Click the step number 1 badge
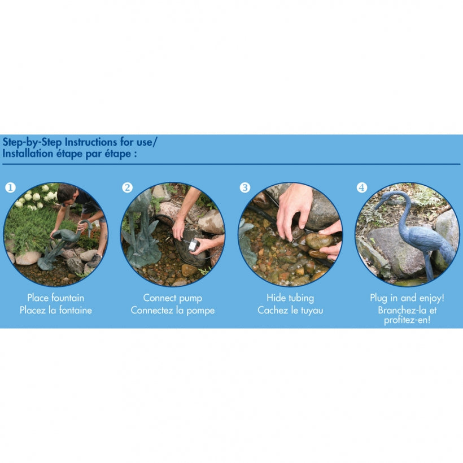[x=10, y=187]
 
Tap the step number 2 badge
[x=127, y=187]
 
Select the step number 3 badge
[x=245, y=187]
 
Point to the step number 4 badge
[x=362, y=187]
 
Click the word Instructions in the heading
[x=91, y=142]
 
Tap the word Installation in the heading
[x=28, y=154]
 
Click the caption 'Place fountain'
[x=56, y=298]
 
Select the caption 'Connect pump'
[x=173, y=298]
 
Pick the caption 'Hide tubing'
[x=290, y=298]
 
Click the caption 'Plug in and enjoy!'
[x=407, y=298]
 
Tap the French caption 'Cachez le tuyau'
[x=290, y=311]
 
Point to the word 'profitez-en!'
[x=407, y=320]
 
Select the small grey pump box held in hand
[x=194, y=245]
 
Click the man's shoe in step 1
[x=94, y=261]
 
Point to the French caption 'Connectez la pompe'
[x=173, y=311]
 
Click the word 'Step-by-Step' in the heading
[x=32, y=142]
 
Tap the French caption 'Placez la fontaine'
[x=56, y=311]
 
